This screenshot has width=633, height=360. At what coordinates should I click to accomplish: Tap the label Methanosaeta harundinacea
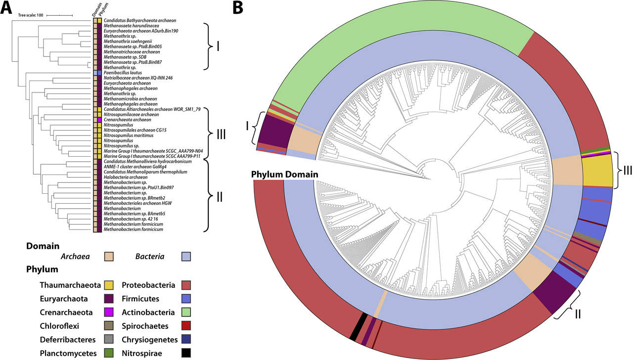pyautogui.click(x=131, y=26)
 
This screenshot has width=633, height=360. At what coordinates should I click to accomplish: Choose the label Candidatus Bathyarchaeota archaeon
pyautogui.click(x=139, y=20)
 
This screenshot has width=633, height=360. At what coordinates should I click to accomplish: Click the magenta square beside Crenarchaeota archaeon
pyautogui.click(x=99, y=120)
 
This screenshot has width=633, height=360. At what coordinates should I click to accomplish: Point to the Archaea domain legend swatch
pyautogui.click(x=108, y=256)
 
